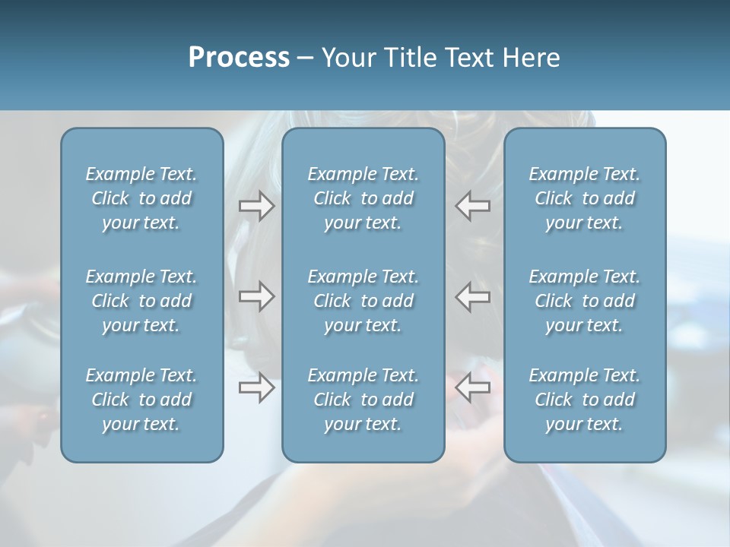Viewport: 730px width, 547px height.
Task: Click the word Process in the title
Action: (x=239, y=58)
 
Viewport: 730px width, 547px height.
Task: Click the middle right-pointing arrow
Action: (x=257, y=296)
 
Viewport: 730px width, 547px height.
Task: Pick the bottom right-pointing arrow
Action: (x=257, y=388)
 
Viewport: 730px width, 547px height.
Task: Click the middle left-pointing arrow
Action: (x=472, y=296)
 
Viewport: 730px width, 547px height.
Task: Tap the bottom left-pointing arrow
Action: (x=472, y=388)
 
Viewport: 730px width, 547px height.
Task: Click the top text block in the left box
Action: (x=141, y=198)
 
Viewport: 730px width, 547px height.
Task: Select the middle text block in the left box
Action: (x=141, y=301)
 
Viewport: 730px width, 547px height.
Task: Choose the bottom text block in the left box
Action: (x=141, y=400)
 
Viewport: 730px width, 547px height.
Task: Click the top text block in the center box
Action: (x=363, y=198)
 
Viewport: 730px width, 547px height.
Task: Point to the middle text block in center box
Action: (x=363, y=301)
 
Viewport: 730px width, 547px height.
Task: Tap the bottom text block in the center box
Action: (x=363, y=400)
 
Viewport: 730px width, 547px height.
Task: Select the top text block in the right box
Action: (x=584, y=198)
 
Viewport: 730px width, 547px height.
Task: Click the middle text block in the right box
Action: (x=584, y=301)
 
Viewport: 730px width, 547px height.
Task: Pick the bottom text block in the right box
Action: (x=584, y=400)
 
